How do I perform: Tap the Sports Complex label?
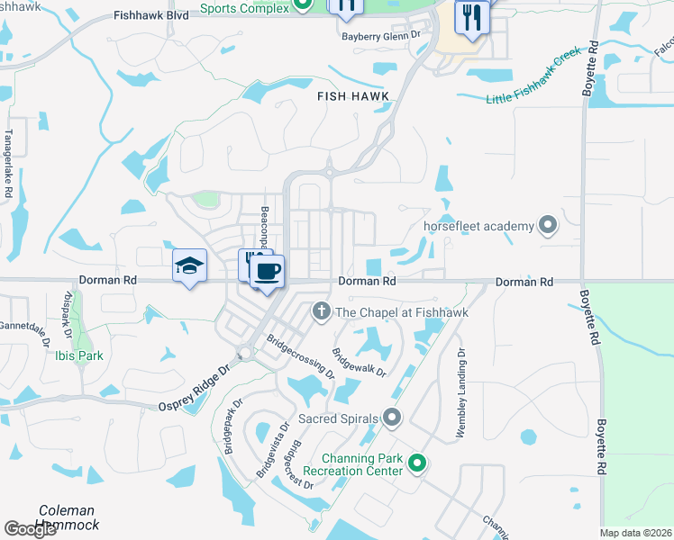pos(244,8)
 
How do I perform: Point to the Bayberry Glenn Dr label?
pos(381,36)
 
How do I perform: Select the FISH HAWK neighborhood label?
pos(352,95)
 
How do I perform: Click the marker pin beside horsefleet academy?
pos(547,225)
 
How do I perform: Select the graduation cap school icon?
pos(190,265)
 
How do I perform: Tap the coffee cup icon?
pos(267,271)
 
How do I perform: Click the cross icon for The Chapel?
pos(321,311)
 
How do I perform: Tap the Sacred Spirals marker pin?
pos(391,417)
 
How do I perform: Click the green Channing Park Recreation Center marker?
pos(416,464)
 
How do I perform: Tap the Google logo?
pos(30,529)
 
